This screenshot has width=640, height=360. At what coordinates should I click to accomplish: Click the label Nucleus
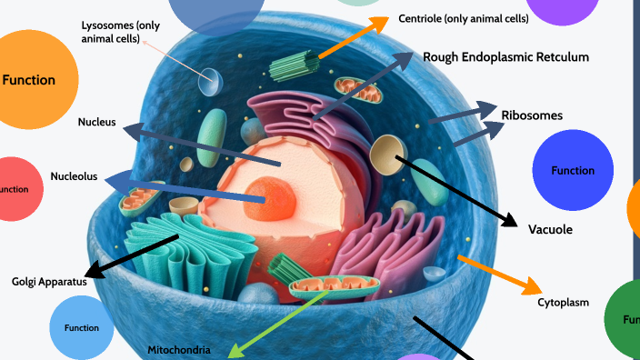click(x=96, y=122)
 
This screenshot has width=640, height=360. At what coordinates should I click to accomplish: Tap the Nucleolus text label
click(x=74, y=176)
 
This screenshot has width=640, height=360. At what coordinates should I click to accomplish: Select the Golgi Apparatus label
click(x=49, y=282)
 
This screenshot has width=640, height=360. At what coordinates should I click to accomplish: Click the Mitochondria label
click(x=179, y=349)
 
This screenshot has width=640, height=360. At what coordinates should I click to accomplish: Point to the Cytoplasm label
click(x=564, y=302)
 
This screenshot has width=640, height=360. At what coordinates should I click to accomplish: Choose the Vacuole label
click(x=550, y=229)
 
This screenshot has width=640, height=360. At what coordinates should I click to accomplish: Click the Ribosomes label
click(x=532, y=115)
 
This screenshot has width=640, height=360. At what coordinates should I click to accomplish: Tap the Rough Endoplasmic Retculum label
click(x=505, y=57)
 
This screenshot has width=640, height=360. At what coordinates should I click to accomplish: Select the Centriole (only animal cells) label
click(x=464, y=18)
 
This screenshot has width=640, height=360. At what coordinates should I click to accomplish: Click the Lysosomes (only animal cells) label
click(x=120, y=32)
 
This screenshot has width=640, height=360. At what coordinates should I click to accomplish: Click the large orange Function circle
click(x=30, y=80)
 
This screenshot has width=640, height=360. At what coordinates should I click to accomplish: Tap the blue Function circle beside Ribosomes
click(x=573, y=170)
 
